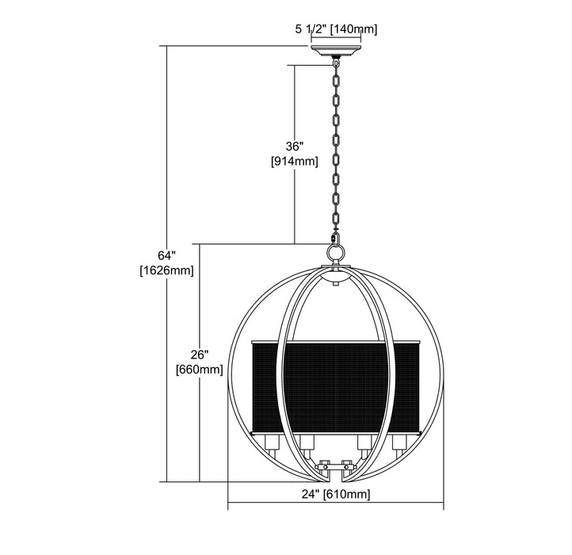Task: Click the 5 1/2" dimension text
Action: click(x=311, y=29)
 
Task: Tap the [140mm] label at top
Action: click(x=353, y=29)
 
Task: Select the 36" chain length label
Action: click(x=295, y=147)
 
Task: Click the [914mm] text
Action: click(x=295, y=161)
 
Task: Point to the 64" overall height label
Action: click(x=166, y=255)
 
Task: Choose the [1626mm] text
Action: click(x=166, y=270)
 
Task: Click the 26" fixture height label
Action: click(x=199, y=354)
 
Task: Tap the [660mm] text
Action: click(x=199, y=369)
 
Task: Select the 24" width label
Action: click(x=311, y=494)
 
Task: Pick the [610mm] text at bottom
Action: click(x=346, y=495)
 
